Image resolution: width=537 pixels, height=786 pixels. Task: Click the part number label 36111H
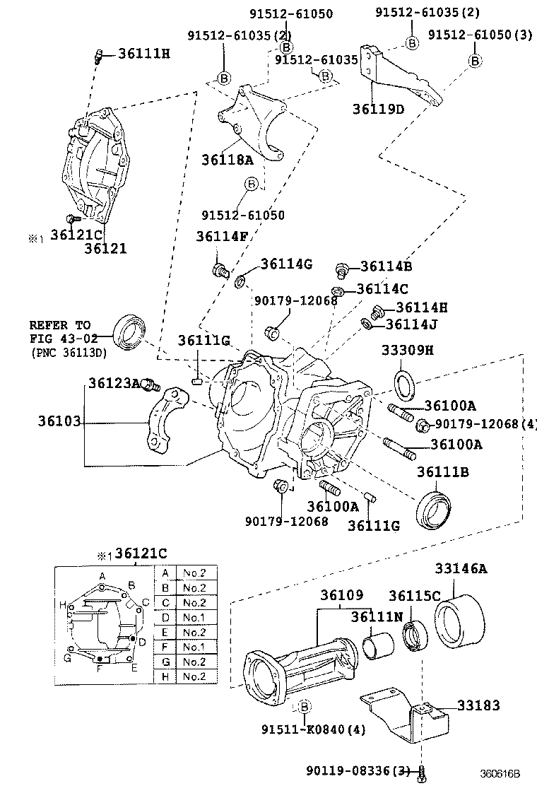click(x=144, y=54)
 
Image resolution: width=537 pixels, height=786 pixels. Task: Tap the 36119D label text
click(x=379, y=109)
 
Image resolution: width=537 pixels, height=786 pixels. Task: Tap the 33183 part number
click(x=478, y=705)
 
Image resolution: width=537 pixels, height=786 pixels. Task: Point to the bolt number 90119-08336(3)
click(x=358, y=770)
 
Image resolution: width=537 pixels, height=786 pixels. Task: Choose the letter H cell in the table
click(x=165, y=676)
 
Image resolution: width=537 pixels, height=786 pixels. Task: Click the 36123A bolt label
click(x=114, y=382)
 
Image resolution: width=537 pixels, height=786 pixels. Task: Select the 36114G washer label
click(x=286, y=264)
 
